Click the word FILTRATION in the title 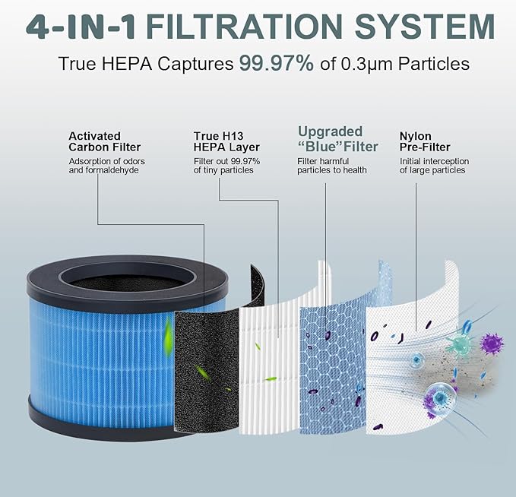(244, 27)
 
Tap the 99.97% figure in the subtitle (277, 63)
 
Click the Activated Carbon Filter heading (105, 141)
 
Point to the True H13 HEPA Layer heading (226, 141)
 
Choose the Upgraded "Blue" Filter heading (338, 139)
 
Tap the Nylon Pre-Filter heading (425, 141)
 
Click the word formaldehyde (112, 170)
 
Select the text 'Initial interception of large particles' (434, 166)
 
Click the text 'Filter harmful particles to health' (331, 166)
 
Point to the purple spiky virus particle (492, 343)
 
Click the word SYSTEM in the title (425, 27)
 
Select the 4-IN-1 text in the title (81, 27)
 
